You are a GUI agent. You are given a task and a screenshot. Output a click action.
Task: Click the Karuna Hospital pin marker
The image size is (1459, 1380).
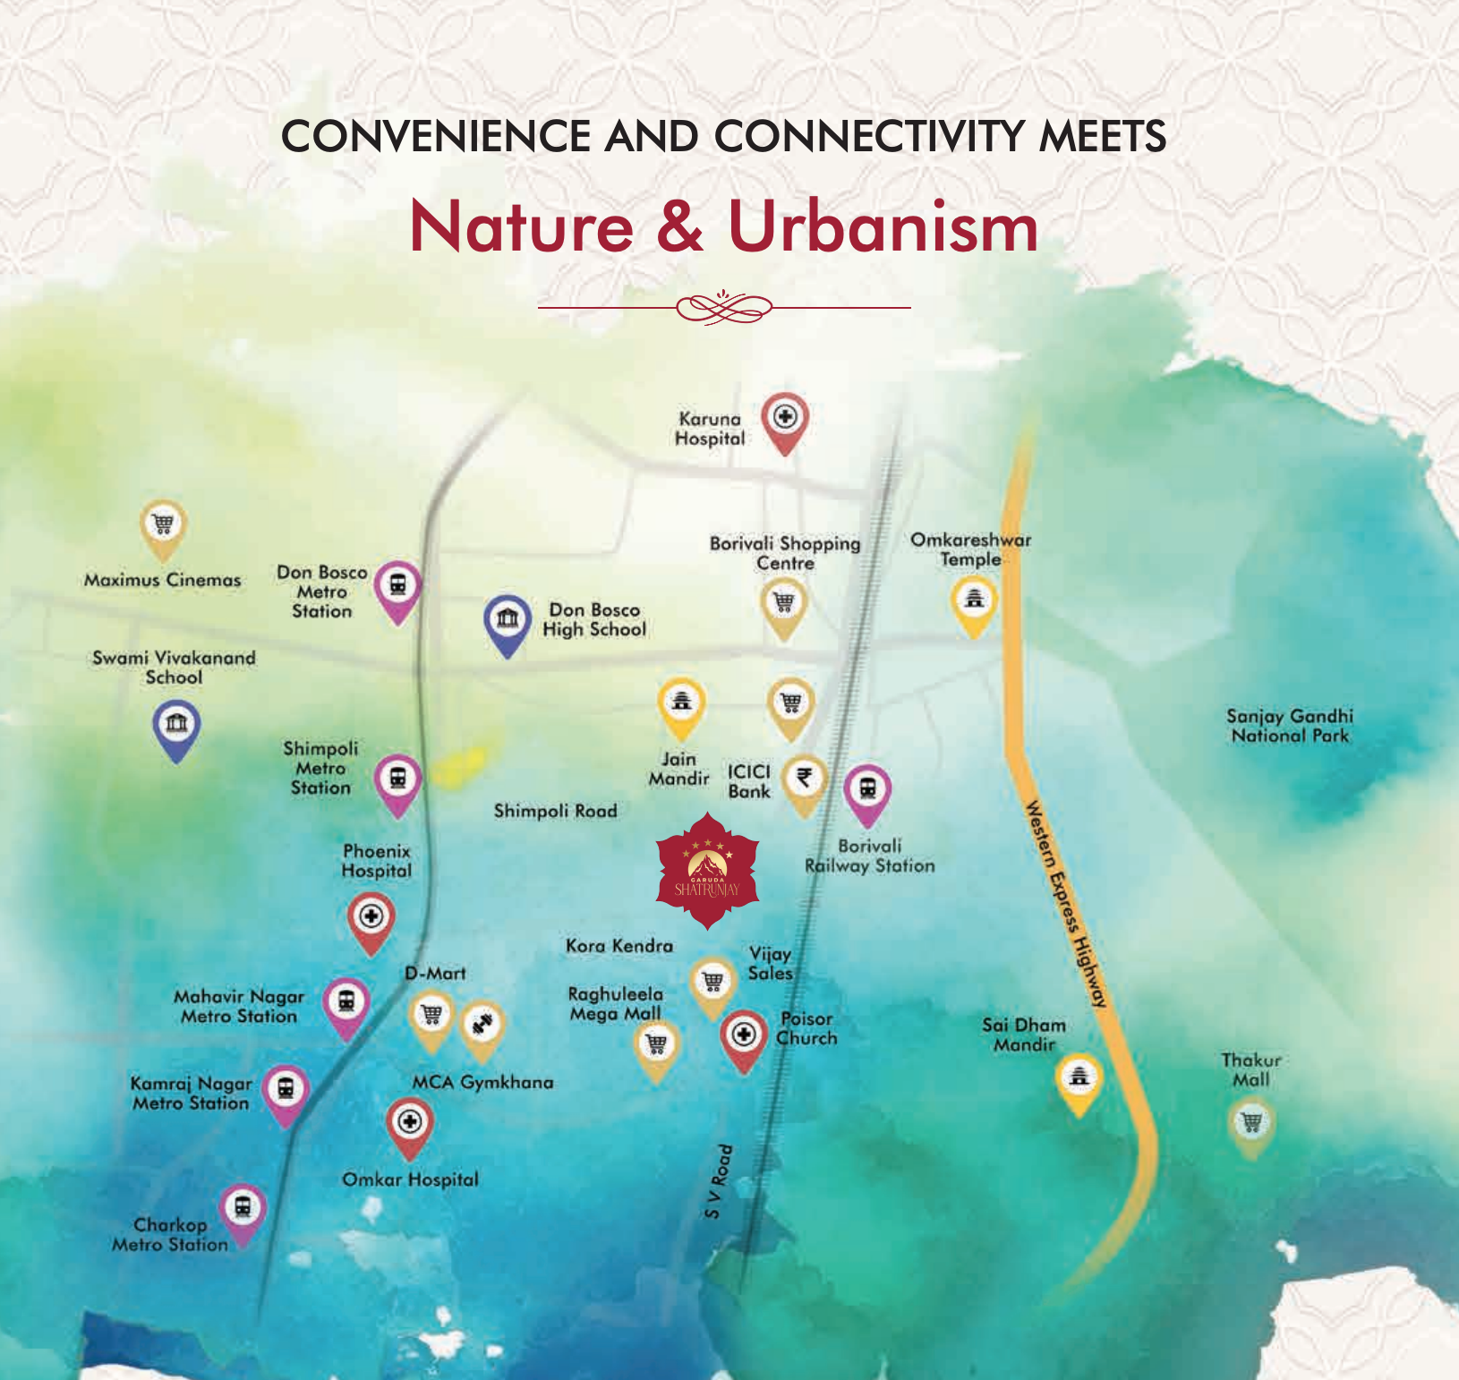point(785,419)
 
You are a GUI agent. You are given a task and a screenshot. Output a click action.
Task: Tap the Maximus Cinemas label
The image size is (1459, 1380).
point(162,580)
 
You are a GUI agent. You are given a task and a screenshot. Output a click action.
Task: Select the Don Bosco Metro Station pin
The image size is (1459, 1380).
point(397,587)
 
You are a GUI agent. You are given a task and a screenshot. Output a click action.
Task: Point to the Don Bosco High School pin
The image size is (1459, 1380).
point(508,619)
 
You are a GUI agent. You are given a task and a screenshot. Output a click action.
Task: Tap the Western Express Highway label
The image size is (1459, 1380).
point(1066,905)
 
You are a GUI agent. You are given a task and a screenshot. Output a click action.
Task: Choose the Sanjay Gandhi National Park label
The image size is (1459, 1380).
point(1289,726)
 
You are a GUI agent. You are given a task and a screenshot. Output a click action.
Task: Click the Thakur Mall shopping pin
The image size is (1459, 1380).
point(1251,1123)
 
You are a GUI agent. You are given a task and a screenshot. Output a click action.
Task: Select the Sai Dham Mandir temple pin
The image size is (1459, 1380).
point(1079,1078)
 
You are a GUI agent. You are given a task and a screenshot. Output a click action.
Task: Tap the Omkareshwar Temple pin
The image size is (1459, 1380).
point(974,601)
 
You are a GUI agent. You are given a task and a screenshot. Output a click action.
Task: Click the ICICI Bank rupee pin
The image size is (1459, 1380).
point(805,779)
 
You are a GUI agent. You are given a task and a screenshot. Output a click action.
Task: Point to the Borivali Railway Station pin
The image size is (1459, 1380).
point(866,790)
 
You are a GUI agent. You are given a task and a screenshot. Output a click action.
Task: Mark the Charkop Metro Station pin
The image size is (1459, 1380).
point(243,1210)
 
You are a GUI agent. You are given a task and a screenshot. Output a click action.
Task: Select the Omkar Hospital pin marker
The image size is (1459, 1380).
point(409,1123)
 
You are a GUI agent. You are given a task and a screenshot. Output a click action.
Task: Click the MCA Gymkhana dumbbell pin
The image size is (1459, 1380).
point(482,1025)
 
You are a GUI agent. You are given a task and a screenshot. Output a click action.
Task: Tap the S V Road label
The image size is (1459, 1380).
point(719,1181)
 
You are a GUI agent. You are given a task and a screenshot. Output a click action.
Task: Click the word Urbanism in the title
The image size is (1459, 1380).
point(883,226)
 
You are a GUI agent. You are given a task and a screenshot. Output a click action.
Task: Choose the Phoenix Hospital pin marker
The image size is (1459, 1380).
point(371,918)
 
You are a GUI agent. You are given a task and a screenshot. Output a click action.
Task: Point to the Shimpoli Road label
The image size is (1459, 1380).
point(555,811)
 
